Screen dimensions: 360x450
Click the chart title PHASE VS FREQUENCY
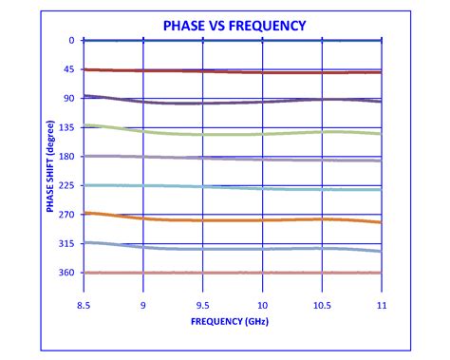233,25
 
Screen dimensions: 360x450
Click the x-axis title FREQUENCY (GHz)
233,321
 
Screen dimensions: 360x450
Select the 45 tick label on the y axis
69,69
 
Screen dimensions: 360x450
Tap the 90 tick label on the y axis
69,98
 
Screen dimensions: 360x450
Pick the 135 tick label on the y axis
67,127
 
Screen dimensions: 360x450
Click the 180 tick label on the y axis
67,157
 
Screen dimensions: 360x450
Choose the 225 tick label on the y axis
67,186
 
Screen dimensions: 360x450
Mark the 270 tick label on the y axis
67,215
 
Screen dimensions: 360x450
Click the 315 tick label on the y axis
67,244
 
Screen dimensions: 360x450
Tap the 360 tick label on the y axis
67,274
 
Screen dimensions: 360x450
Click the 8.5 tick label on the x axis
84,306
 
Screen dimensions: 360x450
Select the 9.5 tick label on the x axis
202,306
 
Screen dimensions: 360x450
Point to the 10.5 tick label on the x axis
322,306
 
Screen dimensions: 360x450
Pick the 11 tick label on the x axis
381,306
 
